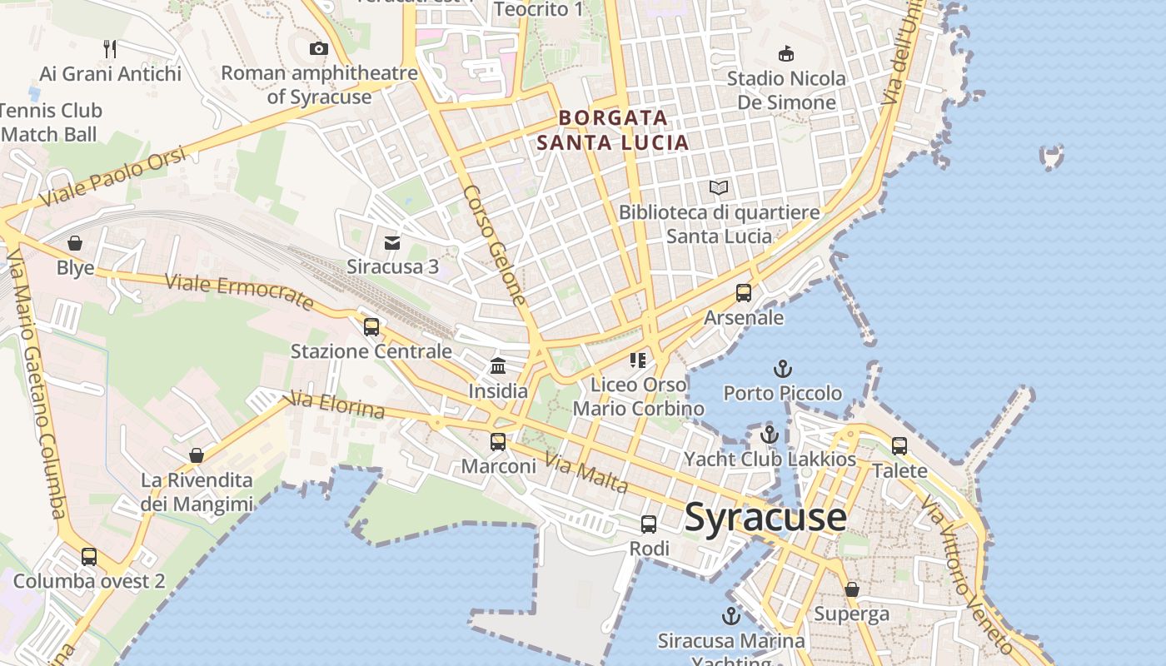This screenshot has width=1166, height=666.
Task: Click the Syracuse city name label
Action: pos(765,518)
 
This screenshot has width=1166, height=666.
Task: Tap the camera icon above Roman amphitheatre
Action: pos(318,49)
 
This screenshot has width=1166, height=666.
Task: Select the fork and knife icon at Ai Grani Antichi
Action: pos(110,48)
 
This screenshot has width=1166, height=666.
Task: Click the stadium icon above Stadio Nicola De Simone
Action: pos(785,54)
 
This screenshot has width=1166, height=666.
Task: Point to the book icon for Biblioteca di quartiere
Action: pos(719,188)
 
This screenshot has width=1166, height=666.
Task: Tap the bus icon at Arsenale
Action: pos(744,293)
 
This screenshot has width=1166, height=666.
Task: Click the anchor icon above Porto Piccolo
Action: pos(782,369)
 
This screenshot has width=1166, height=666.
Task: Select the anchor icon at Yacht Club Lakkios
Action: pos(770,435)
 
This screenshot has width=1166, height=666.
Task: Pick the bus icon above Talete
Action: pos(899,446)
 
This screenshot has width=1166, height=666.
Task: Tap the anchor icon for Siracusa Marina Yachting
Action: pos(730,617)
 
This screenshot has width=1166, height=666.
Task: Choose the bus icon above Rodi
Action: pos(649,524)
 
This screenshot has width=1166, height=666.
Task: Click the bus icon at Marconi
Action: pos(498,442)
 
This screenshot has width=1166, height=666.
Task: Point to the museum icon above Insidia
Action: pos(498,366)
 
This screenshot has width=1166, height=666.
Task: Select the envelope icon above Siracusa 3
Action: pos(392,243)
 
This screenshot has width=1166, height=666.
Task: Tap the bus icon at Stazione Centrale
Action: pos(371,327)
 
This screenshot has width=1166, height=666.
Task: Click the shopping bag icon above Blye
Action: pos(75,243)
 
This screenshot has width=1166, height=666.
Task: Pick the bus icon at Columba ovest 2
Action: pos(89,557)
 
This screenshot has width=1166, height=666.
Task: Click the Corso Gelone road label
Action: pos(495,245)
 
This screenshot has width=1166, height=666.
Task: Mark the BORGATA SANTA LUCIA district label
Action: pos(613,130)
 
